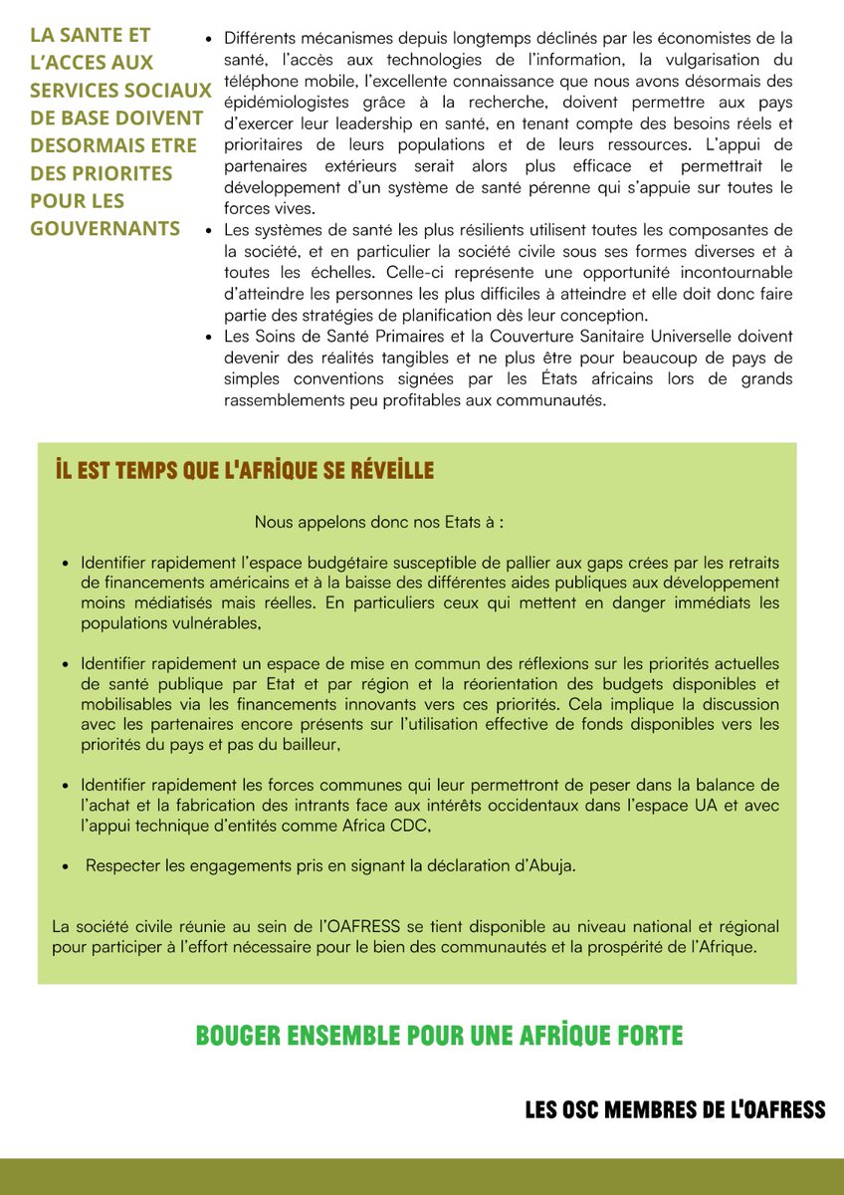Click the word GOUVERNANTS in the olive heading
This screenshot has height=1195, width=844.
(x=105, y=228)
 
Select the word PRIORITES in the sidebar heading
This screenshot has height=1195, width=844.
(x=101, y=172)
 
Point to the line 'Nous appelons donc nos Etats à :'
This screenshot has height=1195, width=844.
(x=379, y=522)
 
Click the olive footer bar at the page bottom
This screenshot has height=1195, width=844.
(x=422, y=1176)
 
